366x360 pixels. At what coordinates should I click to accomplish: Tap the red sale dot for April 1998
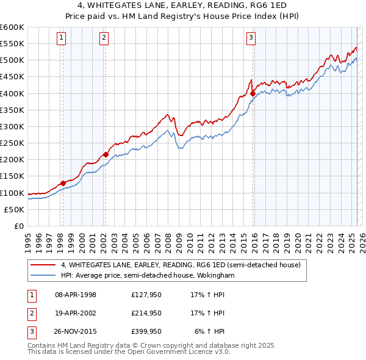tap(63, 183)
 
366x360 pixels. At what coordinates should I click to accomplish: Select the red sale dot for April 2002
tap(106, 154)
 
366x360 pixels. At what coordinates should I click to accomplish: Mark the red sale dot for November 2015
tap(253, 93)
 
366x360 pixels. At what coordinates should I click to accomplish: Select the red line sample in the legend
tap(43, 265)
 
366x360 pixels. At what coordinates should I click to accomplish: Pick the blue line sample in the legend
tap(43, 276)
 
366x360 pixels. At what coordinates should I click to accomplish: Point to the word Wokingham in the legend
tap(216, 276)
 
